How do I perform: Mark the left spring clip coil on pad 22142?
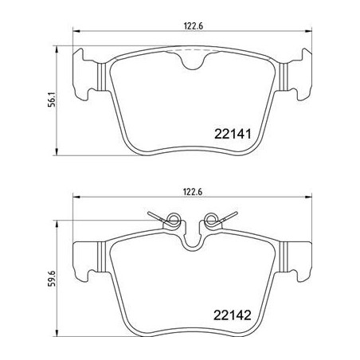[170, 218]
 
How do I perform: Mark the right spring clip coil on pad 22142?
[212, 218]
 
